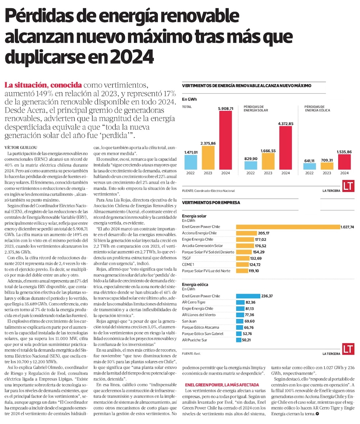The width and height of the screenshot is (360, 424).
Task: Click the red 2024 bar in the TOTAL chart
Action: point(225,140)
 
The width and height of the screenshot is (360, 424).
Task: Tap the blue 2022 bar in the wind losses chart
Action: point(310,166)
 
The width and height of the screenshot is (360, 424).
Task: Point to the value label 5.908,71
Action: point(226,108)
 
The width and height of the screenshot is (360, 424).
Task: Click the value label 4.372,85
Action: point(285,124)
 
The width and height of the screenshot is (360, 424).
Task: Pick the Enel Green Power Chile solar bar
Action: point(288,227)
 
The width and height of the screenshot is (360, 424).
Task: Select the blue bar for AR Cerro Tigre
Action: point(241,302)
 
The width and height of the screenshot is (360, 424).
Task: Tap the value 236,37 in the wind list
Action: point(267,296)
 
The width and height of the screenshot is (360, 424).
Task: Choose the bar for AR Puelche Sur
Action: point(238,340)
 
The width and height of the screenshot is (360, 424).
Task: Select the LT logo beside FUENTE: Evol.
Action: point(348,349)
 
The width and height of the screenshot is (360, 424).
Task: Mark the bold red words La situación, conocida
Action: point(43,85)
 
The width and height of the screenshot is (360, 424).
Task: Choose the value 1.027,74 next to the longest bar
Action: point(348,227)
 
